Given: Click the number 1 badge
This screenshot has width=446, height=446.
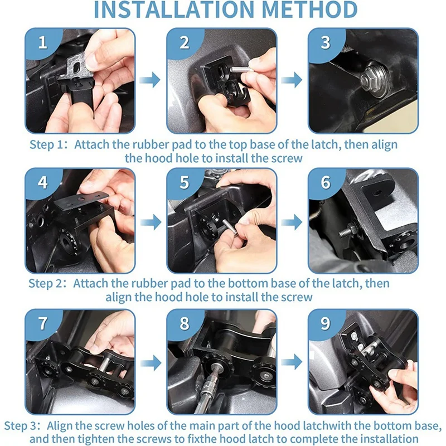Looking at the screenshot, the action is [x=43, y=42].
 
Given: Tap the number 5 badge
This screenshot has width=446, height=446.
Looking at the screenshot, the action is [x=185, y=182].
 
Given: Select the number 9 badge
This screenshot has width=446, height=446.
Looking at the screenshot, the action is [x=326, y=323].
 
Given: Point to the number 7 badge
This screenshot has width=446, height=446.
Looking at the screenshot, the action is [x=43, y=323].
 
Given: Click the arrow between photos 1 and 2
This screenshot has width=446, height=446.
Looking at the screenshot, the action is [x=150, y=79].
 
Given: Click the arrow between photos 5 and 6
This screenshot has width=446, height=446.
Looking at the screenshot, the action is [x=292, y=222].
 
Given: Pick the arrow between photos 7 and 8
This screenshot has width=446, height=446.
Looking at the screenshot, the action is [x=151, y=363].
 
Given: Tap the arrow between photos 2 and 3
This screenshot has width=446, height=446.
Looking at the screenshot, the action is [x=292, y=80].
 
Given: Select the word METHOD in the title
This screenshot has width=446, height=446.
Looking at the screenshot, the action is [x=309, y=9].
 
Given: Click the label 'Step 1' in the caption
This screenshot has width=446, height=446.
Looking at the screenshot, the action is [x=46, y=144].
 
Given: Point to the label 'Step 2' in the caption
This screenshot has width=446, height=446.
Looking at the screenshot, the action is [x=45, y=283].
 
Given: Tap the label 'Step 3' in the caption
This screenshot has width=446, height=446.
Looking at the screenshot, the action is [x=21, y=426].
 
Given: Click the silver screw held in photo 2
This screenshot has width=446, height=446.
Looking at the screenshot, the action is [x=240, y=69].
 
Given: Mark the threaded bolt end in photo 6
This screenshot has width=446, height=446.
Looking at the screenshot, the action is [x=346, y=232].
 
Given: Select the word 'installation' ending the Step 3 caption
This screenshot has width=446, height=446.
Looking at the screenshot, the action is [x=385, y=439].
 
